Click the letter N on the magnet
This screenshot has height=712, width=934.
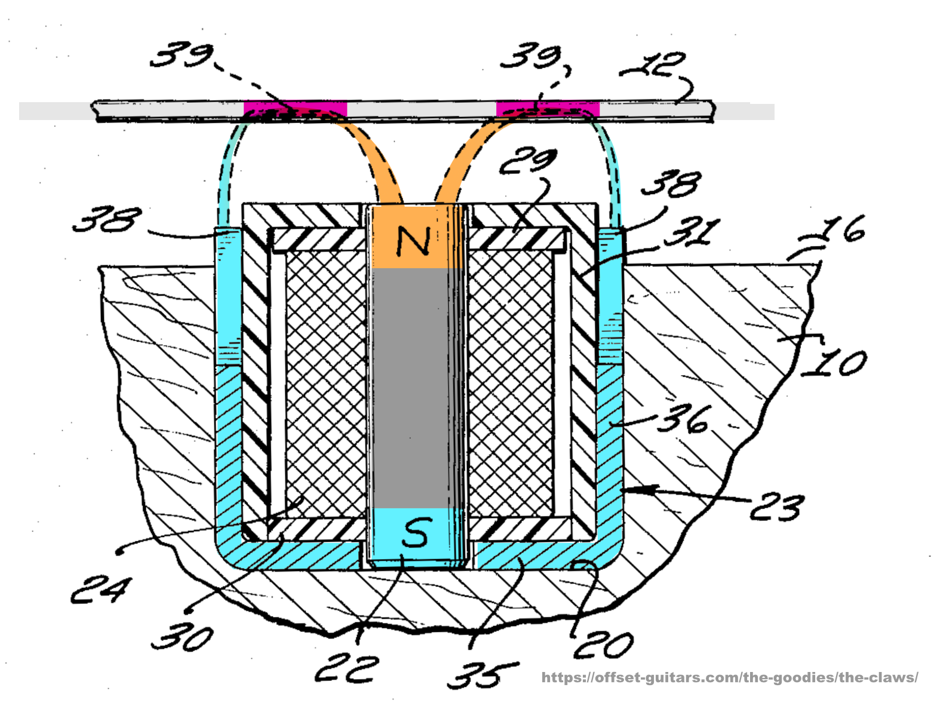tap(413, 241)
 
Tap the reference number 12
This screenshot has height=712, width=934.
tap(655, 66)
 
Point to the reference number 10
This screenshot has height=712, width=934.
tap(835, 363)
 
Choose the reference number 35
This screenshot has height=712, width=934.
tap(483, 675)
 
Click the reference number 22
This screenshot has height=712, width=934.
tap(347, 669)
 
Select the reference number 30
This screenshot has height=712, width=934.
tap(182, 637)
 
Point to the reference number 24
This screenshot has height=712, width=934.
tap(99, 590)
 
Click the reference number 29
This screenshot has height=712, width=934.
tap(528, 162)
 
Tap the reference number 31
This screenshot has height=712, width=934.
tap(692, 233)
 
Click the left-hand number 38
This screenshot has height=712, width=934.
tap(107, 219)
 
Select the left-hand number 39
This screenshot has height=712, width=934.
tap(181, 55)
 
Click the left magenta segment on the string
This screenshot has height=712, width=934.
tap(295, 110)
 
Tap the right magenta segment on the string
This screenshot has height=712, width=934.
tap(547, 110)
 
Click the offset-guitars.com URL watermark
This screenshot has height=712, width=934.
tap(730, 677)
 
